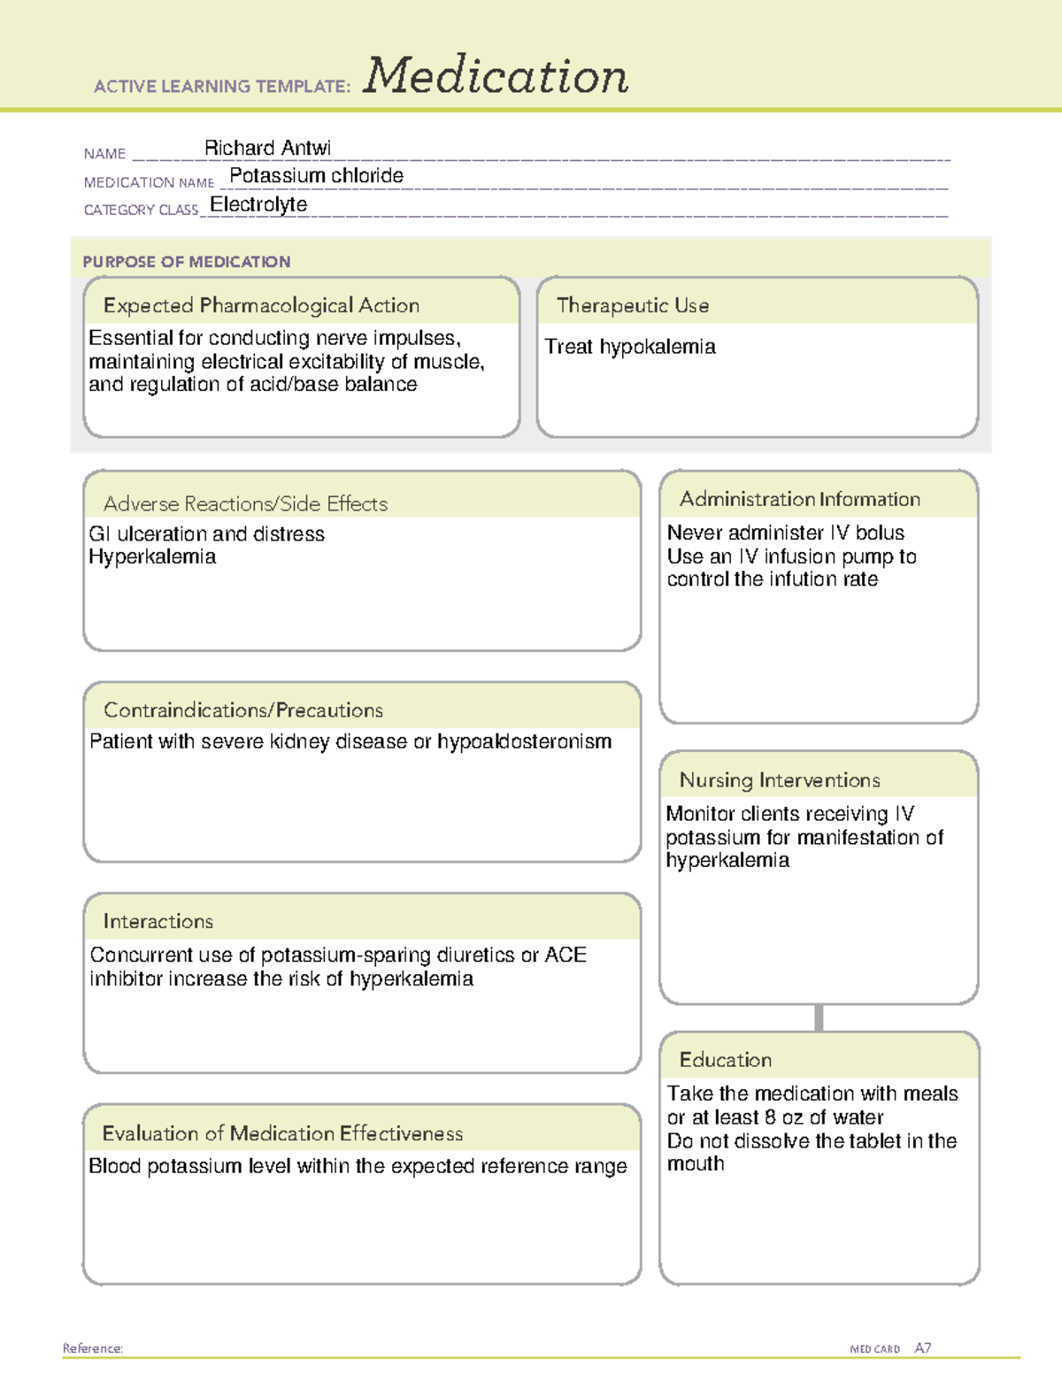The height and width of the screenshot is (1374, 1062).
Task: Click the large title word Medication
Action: coord(496,76)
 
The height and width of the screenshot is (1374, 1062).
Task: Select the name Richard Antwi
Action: coord(267,148)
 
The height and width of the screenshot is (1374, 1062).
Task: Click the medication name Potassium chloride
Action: coord(316,176)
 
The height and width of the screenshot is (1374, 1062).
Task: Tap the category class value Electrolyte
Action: coord(258,204)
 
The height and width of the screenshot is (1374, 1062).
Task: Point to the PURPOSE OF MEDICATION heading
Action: coord(186,262)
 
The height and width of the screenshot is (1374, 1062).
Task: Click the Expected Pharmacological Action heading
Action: coord(261,305)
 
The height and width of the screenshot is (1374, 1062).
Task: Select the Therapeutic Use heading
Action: coord(632,305)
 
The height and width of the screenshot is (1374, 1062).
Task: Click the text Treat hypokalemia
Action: coord(629,347)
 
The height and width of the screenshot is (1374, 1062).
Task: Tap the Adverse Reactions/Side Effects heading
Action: coord(245,503)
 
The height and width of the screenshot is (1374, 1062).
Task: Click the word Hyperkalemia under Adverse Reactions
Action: coord(152,557)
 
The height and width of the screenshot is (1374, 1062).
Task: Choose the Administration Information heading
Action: coord(799,499)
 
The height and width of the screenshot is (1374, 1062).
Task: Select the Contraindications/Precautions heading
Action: coord(243,710)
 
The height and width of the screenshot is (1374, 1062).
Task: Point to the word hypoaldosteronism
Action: coord(524,741)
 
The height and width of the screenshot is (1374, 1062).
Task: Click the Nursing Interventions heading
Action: coord(779,779)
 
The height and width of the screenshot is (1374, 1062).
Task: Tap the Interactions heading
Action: coord(158,921)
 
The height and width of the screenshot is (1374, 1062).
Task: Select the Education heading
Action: coord(725,1059)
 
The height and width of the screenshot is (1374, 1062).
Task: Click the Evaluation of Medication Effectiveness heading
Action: coord(282,1133)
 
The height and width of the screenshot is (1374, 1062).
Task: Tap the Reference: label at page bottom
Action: coord(92,1348)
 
